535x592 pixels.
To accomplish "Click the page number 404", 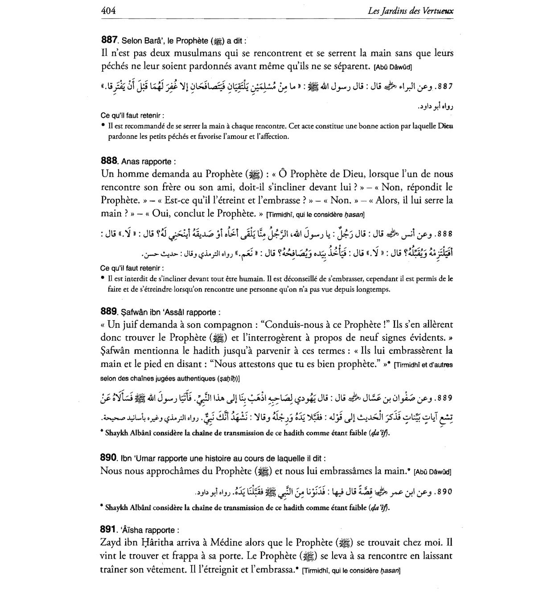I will click(108, 11).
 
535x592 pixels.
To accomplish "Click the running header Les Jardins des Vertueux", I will click(411, 11).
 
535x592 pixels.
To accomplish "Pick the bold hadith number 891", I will click(109, 530).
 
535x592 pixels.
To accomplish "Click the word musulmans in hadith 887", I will click(190, 53).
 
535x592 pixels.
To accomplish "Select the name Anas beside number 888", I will click(131, 161).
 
